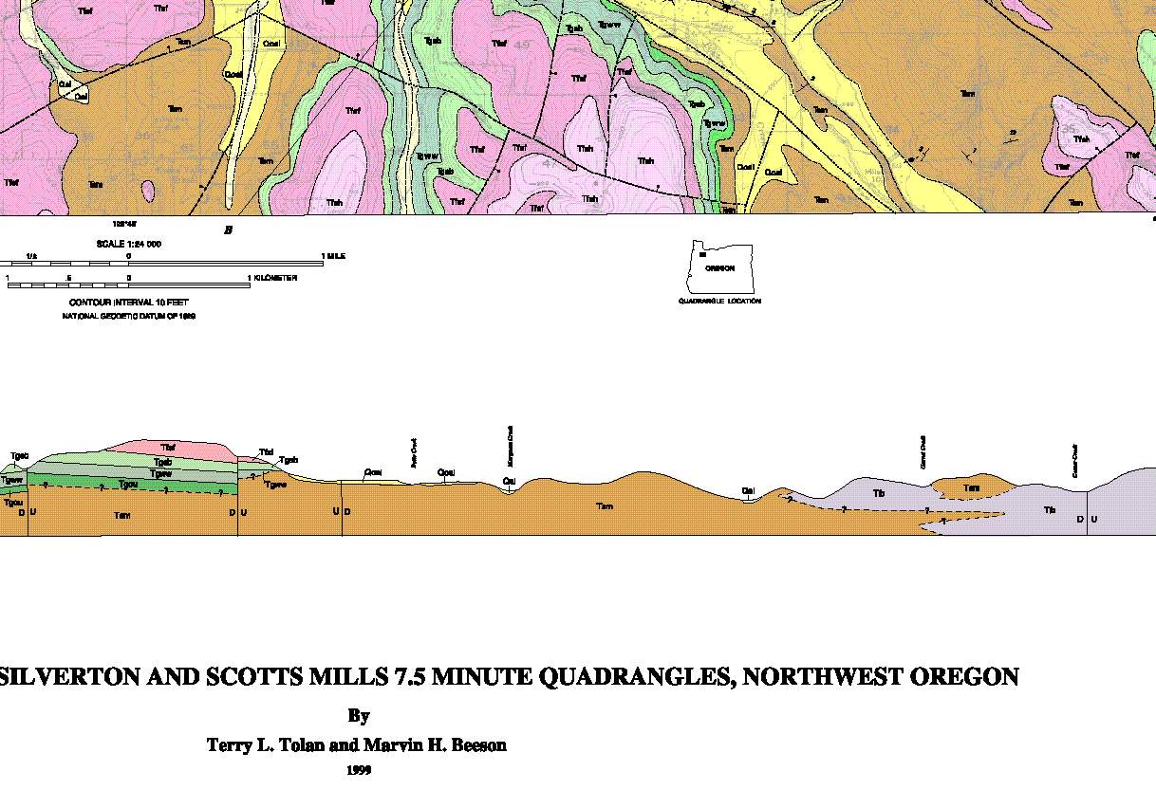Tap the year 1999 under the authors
358,770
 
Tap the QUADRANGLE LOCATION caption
718,302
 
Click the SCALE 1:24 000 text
128,244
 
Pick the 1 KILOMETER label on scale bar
273,278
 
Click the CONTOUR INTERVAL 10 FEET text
128,303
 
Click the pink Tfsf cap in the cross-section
168,447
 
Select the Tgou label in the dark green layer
127,484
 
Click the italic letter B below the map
228,230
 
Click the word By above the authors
358,716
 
